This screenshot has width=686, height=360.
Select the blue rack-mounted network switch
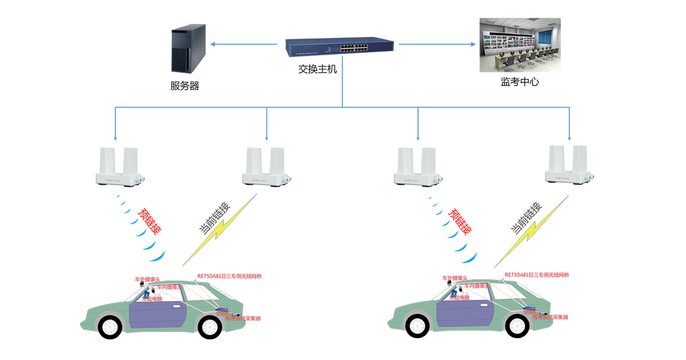coord(337,47)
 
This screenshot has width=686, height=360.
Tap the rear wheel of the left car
coord(209,326)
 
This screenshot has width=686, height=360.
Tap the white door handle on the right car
coord(486,306)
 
